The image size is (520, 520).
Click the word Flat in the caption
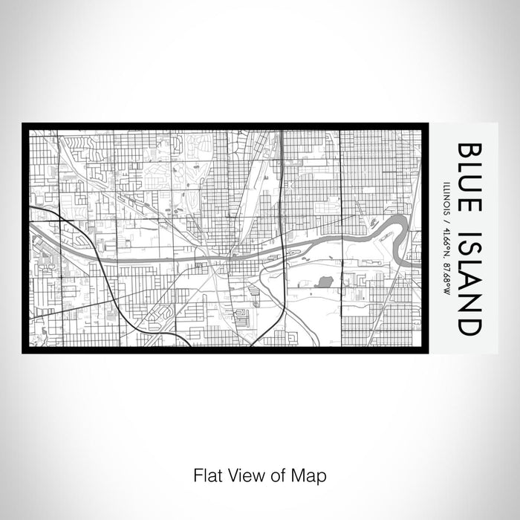click(x=207, y=473)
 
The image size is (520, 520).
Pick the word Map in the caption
click(x=311, y=473)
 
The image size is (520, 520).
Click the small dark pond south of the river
click(x=324, y=282)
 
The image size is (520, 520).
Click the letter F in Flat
click(x=197, y=473)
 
